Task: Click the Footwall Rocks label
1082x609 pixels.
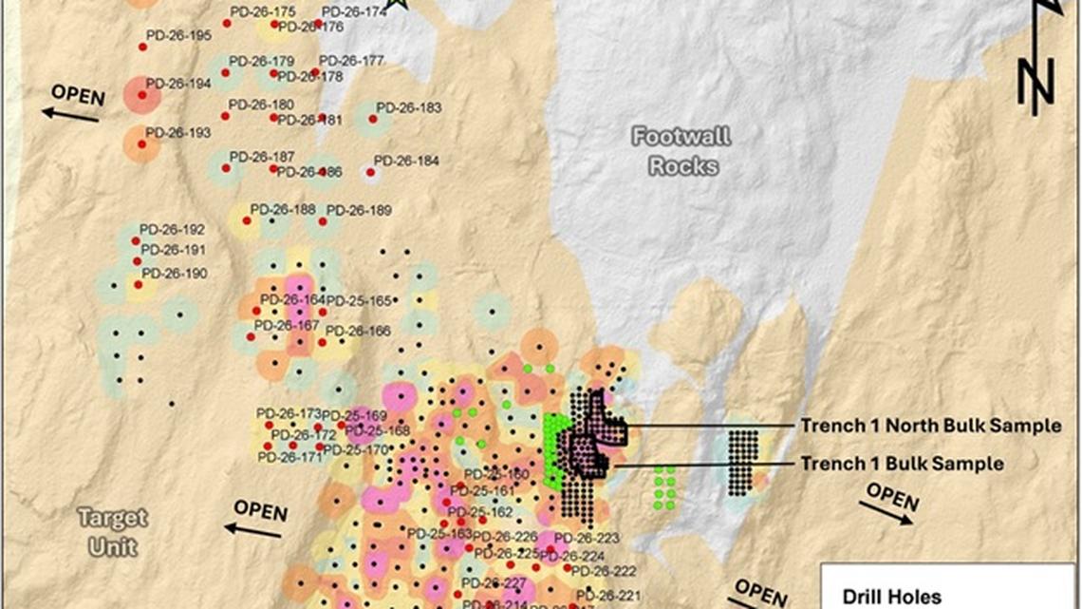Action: (682, 151)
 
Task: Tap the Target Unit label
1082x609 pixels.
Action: (113, 532)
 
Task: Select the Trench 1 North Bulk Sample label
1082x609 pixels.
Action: (930, 426)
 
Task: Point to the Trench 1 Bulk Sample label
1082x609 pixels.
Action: (902, 464)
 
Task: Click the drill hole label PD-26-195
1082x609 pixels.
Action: (178, 36)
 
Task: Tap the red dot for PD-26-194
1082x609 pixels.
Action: (141, 95)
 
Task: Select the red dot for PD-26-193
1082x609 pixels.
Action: (141, 144)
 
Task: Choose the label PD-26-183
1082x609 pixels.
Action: (409, 108)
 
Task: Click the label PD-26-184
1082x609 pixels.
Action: (406, 162)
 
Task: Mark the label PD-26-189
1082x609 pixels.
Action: (359, 210)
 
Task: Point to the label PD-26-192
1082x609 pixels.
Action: (172, 230)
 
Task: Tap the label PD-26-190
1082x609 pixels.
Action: (175, 274)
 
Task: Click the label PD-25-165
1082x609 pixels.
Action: (359, 301)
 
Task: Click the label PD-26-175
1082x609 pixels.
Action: (262, 12)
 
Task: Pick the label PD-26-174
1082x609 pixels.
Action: (355, 12)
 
